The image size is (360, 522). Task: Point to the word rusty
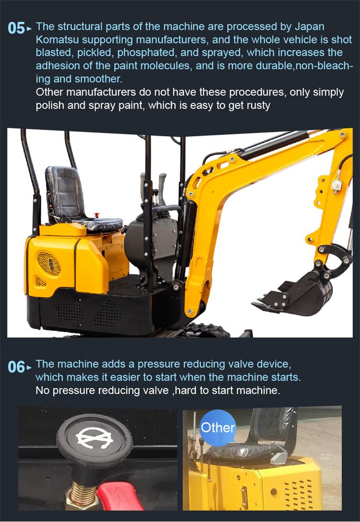tap(257, 105)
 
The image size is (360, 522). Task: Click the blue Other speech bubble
tap(217, 427)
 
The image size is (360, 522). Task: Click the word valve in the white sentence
tap(154, 390)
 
